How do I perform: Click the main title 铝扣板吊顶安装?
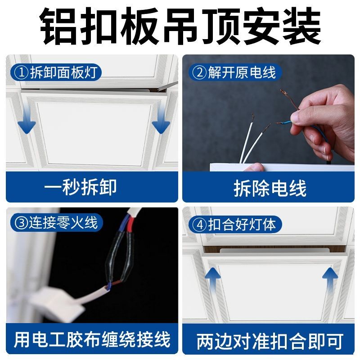180,26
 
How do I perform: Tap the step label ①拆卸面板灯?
56,72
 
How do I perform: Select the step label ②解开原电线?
235,72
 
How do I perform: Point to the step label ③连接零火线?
57,222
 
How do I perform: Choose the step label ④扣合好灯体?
235,224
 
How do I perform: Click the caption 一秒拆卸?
81,187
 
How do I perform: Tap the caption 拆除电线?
270,188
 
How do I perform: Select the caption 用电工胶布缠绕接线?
92,339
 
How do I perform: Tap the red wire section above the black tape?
130,225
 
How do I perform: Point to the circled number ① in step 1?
21,72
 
